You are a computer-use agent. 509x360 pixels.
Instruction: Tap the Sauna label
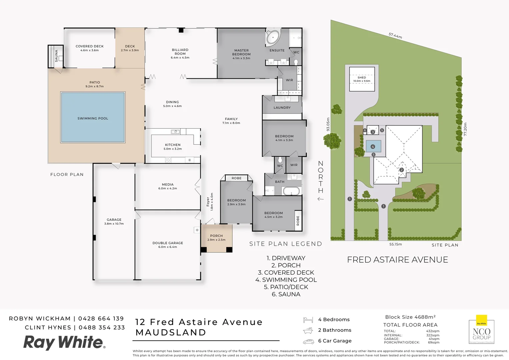[56, 56]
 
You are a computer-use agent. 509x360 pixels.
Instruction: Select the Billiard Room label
[180, 52]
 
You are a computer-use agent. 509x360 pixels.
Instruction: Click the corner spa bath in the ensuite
[273, 37]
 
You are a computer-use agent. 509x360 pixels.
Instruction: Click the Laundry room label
[282, 108]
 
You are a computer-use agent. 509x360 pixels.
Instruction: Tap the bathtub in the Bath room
[291, 191]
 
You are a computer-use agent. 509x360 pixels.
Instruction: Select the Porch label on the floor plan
[216, 236]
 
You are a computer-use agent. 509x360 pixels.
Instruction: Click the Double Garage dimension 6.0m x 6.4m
[168, 247]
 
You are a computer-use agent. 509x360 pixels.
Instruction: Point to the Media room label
[168, 184]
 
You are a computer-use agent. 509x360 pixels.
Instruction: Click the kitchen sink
[175, 132]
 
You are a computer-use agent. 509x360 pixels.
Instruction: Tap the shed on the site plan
[362, 79]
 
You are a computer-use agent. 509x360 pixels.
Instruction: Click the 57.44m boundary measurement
[395, 35]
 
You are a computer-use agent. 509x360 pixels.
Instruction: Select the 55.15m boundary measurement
[395, 244]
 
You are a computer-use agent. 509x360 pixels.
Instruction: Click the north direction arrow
[320, 199]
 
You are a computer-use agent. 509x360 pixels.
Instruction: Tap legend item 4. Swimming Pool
[286, 280]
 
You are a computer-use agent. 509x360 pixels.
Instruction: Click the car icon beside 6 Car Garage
[308, 341]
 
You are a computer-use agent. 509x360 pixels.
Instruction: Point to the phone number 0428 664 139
[101, 319]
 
